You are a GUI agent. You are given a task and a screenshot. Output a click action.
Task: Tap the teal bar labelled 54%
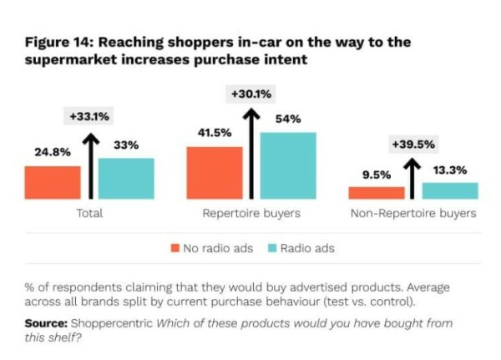(x=288, y=165)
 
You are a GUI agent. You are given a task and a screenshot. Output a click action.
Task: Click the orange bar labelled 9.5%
(x=377, y=193)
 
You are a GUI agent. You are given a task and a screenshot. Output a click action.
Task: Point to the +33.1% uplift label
(x=89, y=117)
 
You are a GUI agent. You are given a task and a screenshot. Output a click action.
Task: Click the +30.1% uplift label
(x=250, y=94)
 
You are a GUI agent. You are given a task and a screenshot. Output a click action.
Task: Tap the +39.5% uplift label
(x=412, y=144)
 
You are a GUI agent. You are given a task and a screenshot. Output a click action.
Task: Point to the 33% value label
(x=125, y=145)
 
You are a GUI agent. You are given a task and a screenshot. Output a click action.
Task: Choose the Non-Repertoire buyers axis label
(x=412, y=214)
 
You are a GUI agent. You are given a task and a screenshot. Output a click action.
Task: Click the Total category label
(x=89, y=214)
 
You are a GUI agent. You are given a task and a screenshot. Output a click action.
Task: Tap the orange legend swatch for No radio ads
(x=175, y=248)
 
